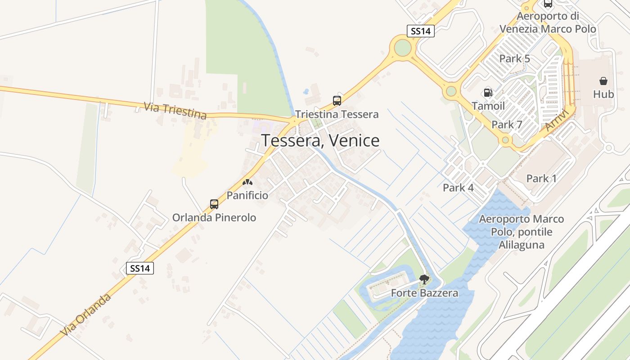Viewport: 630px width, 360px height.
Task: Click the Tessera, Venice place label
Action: (320, 141)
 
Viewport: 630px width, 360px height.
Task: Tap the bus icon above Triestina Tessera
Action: (337, 101)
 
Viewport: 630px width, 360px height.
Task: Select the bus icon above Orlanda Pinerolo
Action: (214, 204)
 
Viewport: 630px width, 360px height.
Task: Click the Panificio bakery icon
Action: (247, 183)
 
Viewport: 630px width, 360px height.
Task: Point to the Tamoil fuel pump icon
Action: (488, 93)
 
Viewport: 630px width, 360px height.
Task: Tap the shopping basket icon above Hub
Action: (603, 81)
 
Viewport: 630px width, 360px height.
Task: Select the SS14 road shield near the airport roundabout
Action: (420, 31)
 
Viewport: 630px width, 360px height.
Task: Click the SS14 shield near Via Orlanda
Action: (139, 269)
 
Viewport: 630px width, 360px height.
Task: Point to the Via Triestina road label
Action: (175, 111)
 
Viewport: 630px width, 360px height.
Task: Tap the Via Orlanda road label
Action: (86, 315)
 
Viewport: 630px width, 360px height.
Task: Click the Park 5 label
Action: (515, 58)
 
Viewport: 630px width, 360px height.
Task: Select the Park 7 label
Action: (507, 125)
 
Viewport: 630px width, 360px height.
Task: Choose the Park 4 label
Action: (458, 188)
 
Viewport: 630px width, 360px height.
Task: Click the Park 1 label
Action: (541, 179)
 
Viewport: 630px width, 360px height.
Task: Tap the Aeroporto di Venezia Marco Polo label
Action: (548, 22)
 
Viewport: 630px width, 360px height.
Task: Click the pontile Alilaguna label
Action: (522, 232)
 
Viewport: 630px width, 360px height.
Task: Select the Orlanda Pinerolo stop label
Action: (214, 218)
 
